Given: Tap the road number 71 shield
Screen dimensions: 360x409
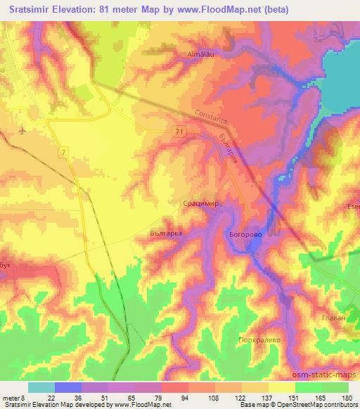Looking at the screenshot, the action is point(181,131).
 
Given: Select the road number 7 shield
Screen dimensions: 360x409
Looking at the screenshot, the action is point(65,152).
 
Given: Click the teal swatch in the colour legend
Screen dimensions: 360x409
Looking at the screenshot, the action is point(41,387).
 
